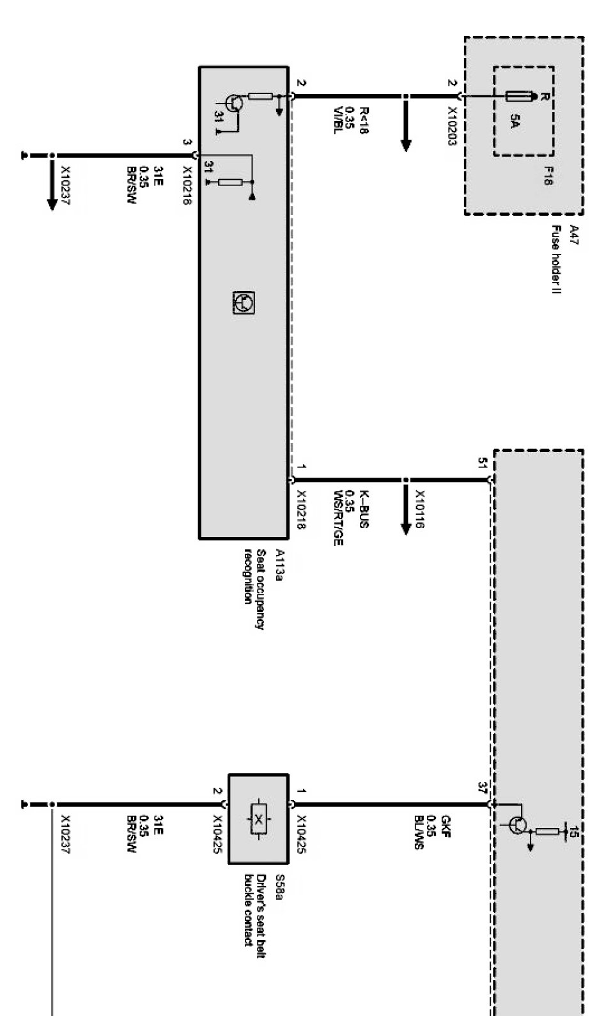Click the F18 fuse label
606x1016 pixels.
pos(548,176)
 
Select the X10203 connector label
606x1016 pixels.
pos(451,126)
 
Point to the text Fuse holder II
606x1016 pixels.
pos(556,259)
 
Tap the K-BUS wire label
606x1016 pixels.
pos(363,509)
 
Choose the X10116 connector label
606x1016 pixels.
pos(419,510)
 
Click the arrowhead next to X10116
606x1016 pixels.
pos(405,528)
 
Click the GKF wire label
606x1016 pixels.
pos(446,825)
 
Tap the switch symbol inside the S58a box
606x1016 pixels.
pos(258,819)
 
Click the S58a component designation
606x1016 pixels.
pos(278,886)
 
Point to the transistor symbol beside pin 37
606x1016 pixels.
pos(518,825)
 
